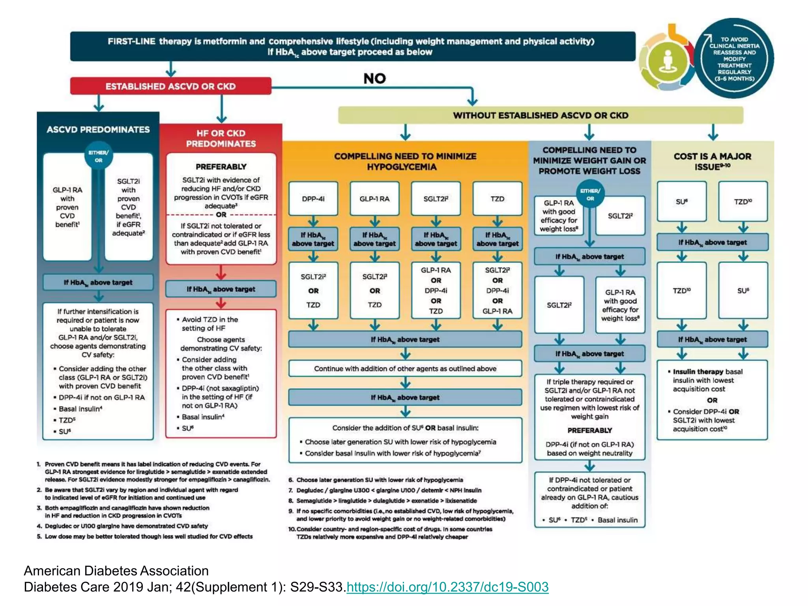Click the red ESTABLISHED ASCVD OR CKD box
point(170,86)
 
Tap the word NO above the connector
point(374,79)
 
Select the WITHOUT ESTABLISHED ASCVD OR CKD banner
point(541,115)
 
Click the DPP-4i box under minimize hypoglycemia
point(313,199)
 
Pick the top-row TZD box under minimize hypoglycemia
point(497,199)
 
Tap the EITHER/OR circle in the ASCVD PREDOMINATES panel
point(98,156)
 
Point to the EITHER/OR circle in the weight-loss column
point(590,194)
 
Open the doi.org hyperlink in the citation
point(447,587)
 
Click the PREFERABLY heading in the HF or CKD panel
point(221,166)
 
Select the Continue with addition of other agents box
point(405,368)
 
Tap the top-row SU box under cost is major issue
point(681,202)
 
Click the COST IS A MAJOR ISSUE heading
point(712,161)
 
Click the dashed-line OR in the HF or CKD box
point(221,215)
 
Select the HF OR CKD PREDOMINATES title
point(221,138)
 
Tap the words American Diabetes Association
point(116,570)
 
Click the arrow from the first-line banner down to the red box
point(171,69)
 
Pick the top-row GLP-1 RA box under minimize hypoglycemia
point(374,199)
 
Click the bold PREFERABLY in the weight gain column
point(589,430)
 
